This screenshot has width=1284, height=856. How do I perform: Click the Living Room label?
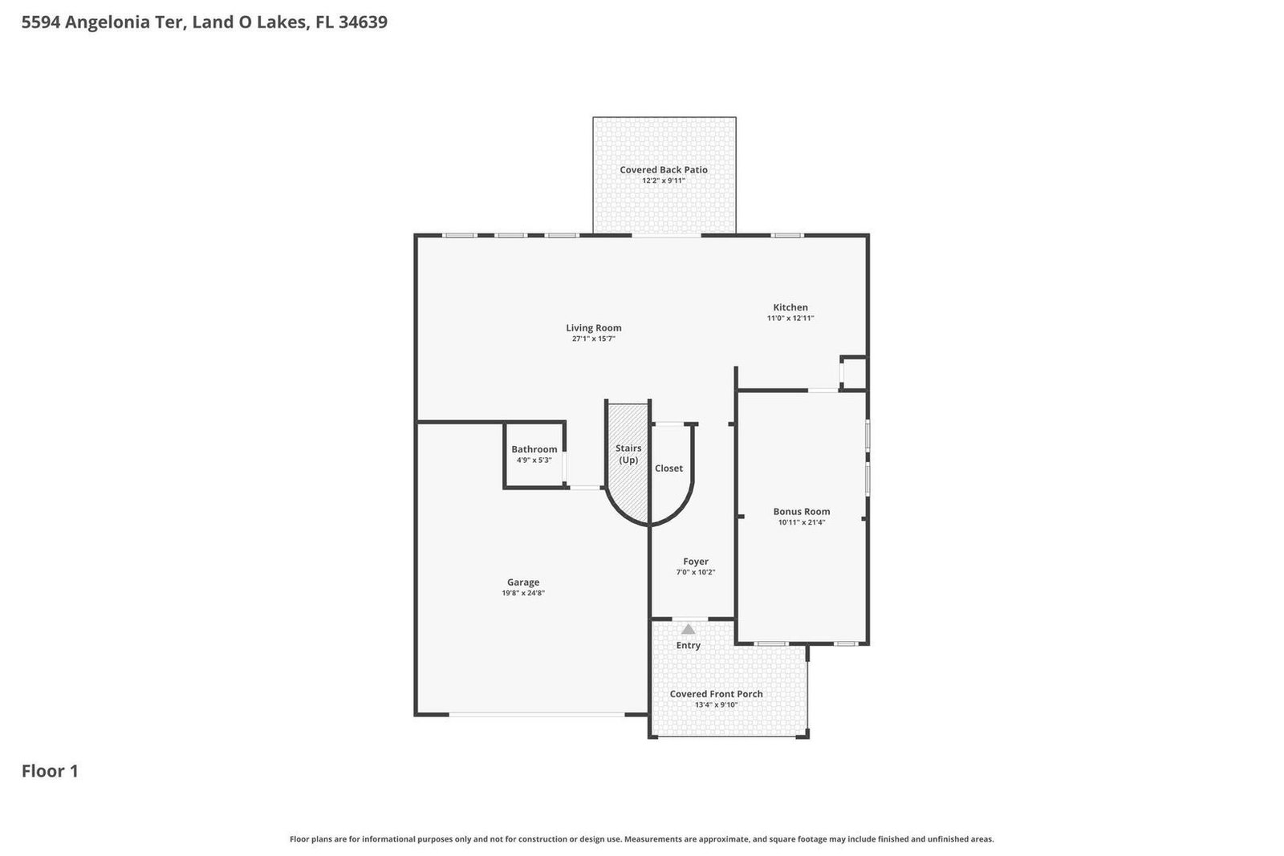[x=594, y=327]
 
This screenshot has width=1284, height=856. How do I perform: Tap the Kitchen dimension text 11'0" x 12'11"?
[x=790, y=318]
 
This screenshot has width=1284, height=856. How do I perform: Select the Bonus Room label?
[x=802, y=511]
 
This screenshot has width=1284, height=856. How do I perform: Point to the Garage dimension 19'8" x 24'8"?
[x=523, y=593]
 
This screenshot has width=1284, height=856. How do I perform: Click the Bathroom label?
[x=534, y=449]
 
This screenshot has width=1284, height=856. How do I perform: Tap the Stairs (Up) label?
[x=628, y=454]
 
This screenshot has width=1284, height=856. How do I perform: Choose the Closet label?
[x=668, y=468]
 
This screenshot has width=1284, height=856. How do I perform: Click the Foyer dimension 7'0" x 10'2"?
[x=696, y=572]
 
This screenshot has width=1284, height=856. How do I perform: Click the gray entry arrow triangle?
[x=688, y=629]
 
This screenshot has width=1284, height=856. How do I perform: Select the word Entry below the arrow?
[x=689, y=645]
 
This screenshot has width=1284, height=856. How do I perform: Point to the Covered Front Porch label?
[x=717, y=694]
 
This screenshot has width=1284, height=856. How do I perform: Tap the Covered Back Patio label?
[x=664, y=169]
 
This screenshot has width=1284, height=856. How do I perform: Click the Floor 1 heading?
[x=50, y=771]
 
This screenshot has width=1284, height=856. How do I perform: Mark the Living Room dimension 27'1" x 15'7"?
[x=594, y=339]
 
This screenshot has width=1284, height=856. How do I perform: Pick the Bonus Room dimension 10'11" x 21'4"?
[x=802, y=522]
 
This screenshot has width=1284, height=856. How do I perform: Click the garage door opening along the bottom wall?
[x=536, y=714]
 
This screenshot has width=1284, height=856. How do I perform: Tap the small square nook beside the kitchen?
[x=854, y=374]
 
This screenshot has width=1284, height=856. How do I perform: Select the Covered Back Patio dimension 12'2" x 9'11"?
[x=664, y=181]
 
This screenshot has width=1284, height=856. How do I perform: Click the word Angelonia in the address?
[x=126, y=22]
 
